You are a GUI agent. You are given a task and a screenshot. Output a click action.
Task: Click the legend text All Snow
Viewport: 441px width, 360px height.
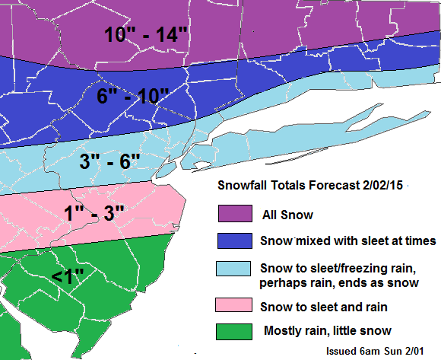click(287, 215)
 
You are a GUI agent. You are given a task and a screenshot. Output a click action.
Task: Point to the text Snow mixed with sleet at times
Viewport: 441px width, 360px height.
click(347, 241)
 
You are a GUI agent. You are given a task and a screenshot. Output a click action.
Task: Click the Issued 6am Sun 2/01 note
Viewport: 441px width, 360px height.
click(374, 352)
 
